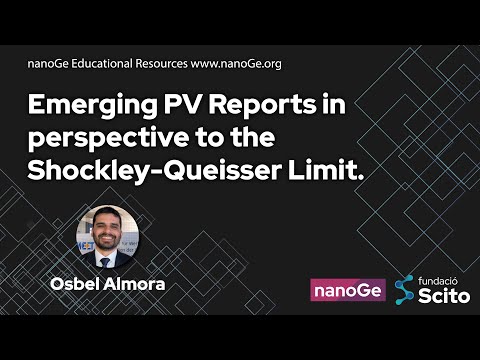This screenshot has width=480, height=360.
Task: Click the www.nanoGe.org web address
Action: [x=235, y=63]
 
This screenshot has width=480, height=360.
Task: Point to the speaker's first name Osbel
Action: [x=77, y=284]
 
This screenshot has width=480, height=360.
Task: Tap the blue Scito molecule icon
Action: [x=403, y=290]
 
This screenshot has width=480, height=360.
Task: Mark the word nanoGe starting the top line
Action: [x=46, y=63]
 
